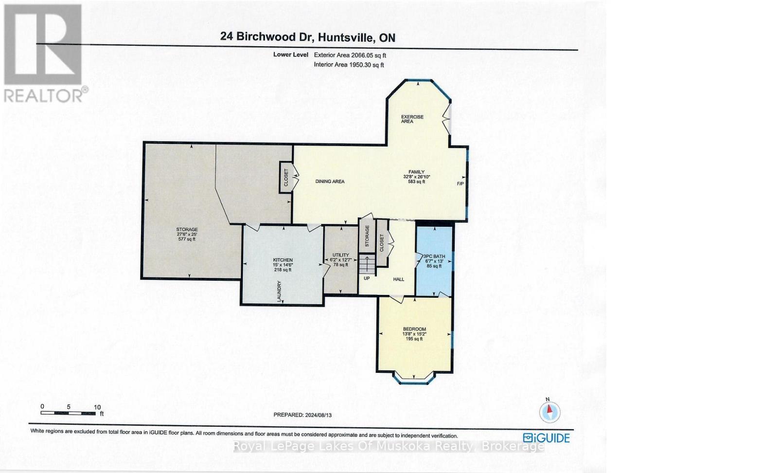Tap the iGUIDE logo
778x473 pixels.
pos(547,438)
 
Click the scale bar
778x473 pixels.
pos(68,413)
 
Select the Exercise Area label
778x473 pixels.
pos(412,119)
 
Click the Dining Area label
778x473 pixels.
pos(330,182)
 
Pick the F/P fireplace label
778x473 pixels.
pos(460,184)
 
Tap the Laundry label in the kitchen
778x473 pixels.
pos(280,291)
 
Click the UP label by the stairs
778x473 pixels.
pos(367,279)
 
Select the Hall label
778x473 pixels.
pos(399,279)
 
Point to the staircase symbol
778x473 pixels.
pos(367,265)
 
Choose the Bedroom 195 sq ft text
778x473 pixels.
pos(414,339)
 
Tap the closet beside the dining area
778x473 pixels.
pos(285,177)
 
